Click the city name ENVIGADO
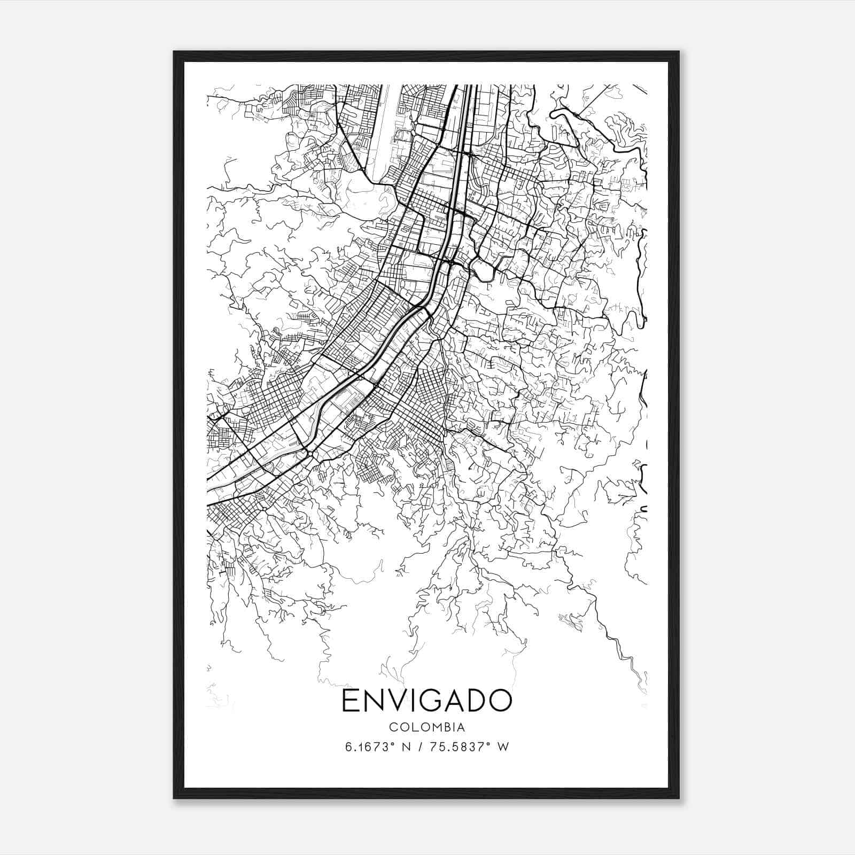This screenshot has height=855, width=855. (x=426, y=701)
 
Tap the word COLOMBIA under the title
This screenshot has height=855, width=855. (x=426, y=727)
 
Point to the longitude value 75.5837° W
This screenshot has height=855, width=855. (x=469, y=747)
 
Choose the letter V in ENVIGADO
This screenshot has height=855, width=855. (x=397, y=701)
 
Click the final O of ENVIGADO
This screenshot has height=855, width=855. (x=501, y=701)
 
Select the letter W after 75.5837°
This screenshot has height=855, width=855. (x=503, y=747)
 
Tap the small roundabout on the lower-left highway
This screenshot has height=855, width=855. (x=309, y=454)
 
